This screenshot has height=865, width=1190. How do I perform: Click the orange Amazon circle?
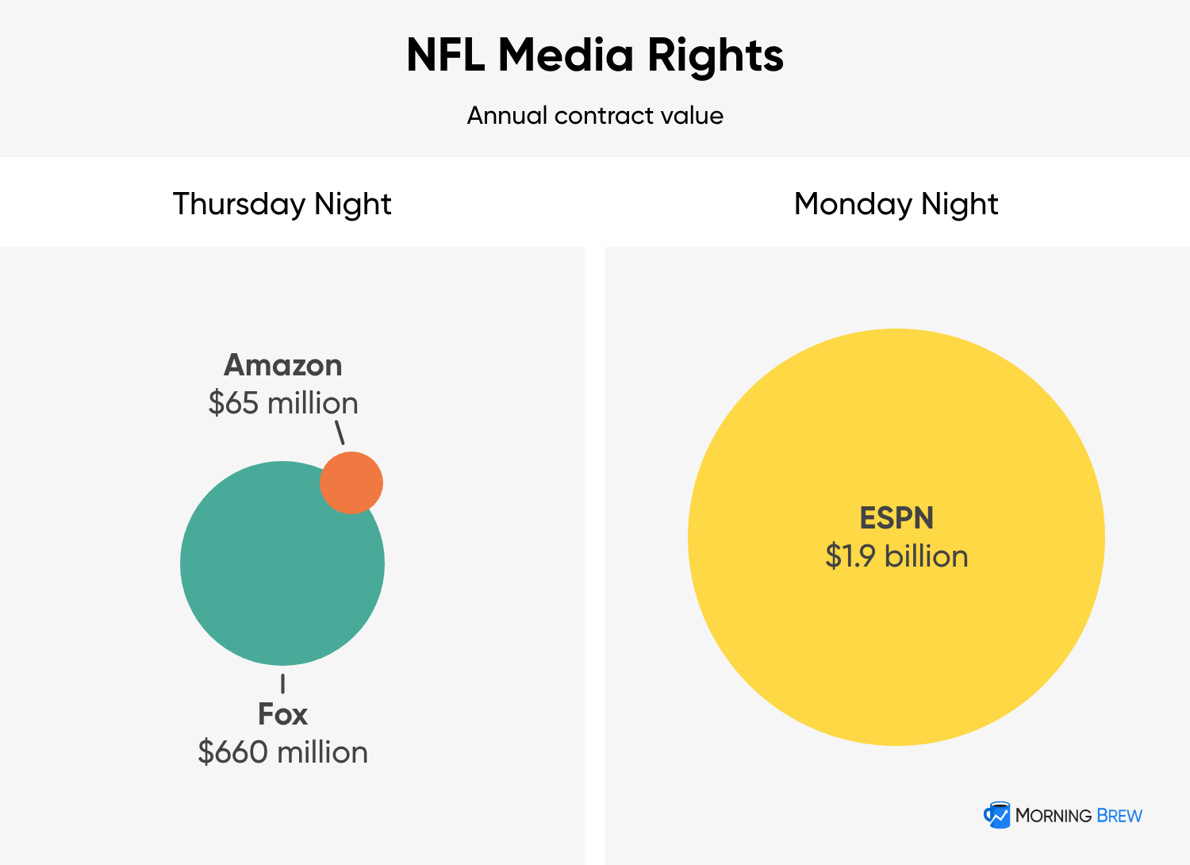coord(351,482)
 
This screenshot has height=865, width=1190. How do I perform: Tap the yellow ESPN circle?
coord(896,635)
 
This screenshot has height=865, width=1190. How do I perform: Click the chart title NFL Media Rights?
coord(595,56)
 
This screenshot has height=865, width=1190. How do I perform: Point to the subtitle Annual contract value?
coord(595,116)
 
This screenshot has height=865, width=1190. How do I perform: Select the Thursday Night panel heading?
coord(282,204)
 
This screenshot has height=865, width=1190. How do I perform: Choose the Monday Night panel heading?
coord(896,204)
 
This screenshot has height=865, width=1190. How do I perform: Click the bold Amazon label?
coord(283,365)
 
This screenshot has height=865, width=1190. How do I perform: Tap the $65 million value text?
coord(283,403)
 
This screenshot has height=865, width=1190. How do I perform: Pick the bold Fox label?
coord(282,714)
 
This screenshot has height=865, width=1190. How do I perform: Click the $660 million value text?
coord(283,752)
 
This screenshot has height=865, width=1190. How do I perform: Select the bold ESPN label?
coord(896,518)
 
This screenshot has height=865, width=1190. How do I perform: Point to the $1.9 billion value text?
coord(896,556)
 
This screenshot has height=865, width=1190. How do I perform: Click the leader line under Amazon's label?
coord(340,432)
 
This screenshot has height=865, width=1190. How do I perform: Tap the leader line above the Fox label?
coord(282,684)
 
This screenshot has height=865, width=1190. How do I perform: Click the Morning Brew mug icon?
coord(996,815)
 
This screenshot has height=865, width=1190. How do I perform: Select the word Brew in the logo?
coord(1120,816)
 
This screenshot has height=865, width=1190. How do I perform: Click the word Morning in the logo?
coord(1054,816)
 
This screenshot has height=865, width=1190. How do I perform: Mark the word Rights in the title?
coord(715,56)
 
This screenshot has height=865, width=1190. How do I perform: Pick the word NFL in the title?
coord(445,56)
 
